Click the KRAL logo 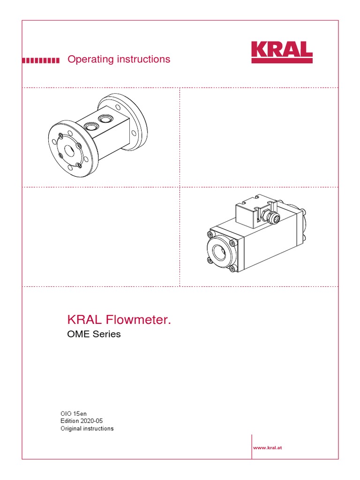[x=282, y=52]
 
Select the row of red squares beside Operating [x=41, y=60]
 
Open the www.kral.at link [x=268, y=448]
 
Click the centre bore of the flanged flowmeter [x=70, y=151]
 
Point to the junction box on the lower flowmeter [x=254, y=212]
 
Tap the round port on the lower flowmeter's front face [x=220, y=255]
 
